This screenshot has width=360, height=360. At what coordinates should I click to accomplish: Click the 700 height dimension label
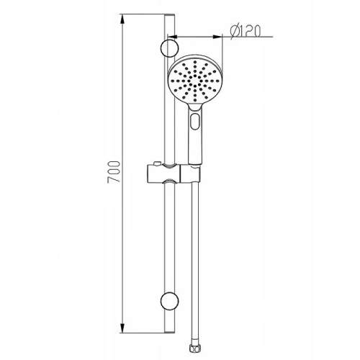click(114, 172)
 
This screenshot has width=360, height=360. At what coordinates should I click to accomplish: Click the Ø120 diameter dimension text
click(245, 31)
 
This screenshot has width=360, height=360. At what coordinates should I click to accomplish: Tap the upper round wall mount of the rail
click(169, 48)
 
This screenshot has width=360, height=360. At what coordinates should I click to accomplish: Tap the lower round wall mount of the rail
click(169, 301)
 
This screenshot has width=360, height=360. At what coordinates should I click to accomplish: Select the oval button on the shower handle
click(195, 122)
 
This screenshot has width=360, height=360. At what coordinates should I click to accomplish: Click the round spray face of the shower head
click(195, 81)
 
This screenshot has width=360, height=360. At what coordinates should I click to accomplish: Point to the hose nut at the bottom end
click(194, 348)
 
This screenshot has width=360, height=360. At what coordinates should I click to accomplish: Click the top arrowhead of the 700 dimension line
click(122, 19)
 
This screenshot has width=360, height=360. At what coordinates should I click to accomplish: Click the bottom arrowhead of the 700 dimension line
click(122, 328)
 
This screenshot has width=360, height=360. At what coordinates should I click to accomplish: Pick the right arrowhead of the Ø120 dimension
click(217, 37)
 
